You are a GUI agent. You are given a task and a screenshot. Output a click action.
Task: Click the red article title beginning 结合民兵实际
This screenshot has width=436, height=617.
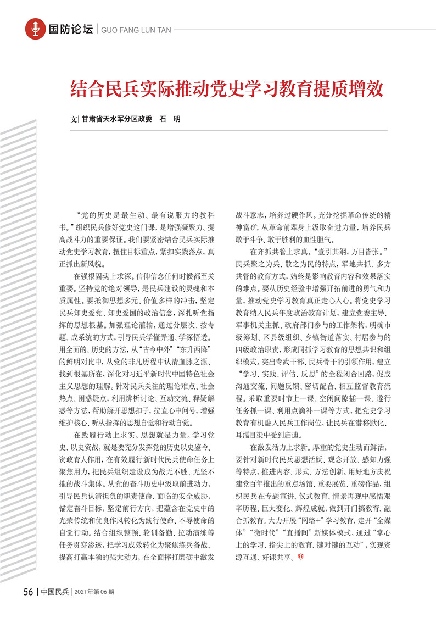(227, 88)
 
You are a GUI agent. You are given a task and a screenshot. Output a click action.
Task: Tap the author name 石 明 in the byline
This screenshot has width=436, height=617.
(169, 119)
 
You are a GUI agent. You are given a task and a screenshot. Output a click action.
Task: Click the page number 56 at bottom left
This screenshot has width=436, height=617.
(29, 592)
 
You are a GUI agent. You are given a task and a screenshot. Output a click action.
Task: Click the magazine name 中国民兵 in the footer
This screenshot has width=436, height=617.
(55, 592)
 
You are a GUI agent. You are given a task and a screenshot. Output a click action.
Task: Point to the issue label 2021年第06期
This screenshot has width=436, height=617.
(94, 592)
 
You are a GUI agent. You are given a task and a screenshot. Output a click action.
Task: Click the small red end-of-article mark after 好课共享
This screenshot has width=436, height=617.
(300, 558)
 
